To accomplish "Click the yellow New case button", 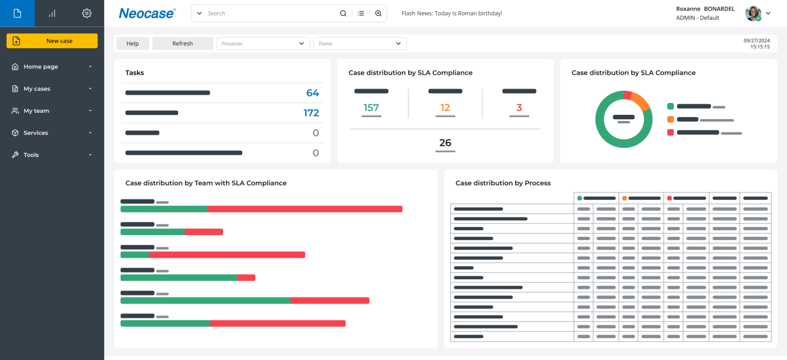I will tap(52, 41).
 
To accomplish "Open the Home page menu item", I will tap(41, 66).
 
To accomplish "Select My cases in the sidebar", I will tap(37, 89).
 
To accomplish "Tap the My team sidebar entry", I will tap(36, 111).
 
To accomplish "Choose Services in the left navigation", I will tap(36, 133).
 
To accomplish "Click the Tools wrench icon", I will tap(15, 155).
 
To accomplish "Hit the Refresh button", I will tap(182, 43).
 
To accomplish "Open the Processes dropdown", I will tap(263, 43).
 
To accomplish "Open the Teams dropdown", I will tap(359, 43).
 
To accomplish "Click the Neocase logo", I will tap(147, 14).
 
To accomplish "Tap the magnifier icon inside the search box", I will tap(343, 14).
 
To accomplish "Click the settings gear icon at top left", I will tap(86, 14).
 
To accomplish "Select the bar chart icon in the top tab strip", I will tap(52, 14).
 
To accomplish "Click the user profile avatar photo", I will tap(753, 14).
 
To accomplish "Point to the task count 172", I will tap(311, 113).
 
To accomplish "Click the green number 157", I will tap(371, 107).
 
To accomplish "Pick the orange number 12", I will tap(445, 107).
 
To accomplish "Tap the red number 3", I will tap(519, 107).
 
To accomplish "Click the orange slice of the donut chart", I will tap(641, 101).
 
